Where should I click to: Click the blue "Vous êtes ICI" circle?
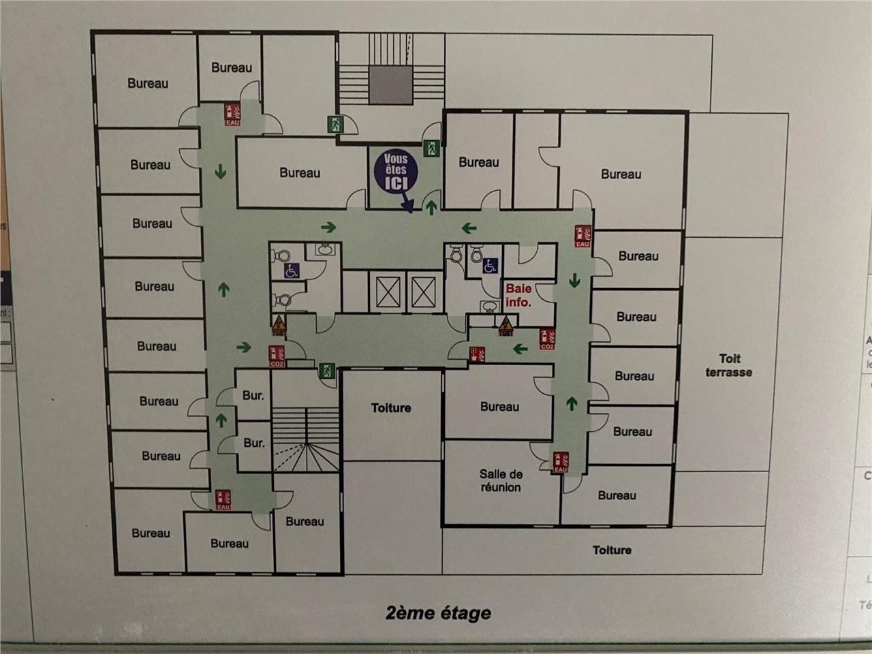(395, 172)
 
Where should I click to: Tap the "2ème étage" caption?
(438, 612)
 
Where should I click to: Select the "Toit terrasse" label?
(729, 365)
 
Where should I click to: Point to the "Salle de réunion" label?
(501, 480)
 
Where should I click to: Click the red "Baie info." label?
(518, 295)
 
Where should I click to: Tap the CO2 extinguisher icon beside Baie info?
(546, 338)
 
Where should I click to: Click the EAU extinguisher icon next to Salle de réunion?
(560, 462)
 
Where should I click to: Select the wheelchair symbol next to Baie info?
(490, 266)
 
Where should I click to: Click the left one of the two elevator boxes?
(386, 292)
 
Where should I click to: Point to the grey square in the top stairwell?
(391, 84)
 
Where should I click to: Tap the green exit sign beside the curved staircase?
(327, 371)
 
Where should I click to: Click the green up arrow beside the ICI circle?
(431, 208)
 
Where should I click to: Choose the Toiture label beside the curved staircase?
(391, 408)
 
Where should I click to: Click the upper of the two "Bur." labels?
(253, 395)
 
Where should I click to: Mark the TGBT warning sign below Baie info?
(505, 326)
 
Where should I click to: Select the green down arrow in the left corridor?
(220, 170)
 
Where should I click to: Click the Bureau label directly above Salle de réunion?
(499, 407)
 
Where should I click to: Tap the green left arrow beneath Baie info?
(520, 349)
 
